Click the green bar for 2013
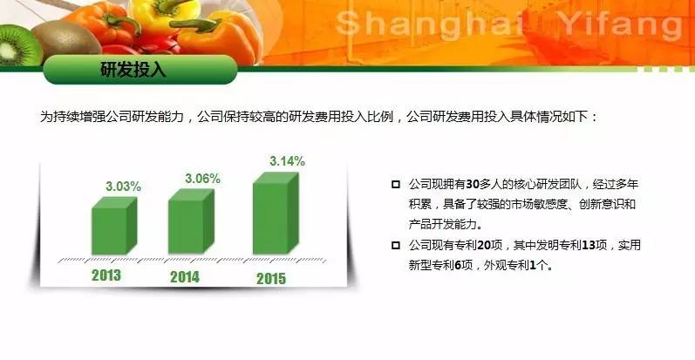114,226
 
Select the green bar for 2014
191,221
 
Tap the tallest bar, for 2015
276,213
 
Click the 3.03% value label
123,187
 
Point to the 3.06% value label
202,179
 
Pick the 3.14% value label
287,161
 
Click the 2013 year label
106,275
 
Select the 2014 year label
185,277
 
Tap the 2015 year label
271,279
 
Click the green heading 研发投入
133,70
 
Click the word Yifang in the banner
620,25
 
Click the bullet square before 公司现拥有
396,184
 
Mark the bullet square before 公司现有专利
396,245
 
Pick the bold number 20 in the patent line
484,245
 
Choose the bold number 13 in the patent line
589,245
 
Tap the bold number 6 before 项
458,265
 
